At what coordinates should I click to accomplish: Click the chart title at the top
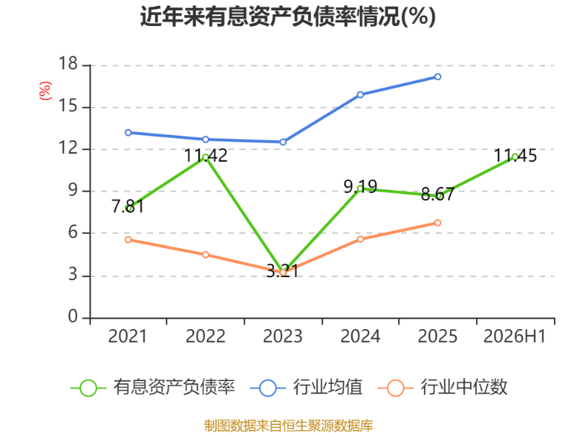[x=288, y=17]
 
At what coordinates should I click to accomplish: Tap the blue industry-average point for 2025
[x=438, y=76]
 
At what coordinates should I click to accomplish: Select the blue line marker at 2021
[x=128, y=133]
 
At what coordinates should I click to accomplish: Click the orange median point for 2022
[x=206, y=255]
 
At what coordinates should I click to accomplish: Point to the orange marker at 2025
[x=438, y=223]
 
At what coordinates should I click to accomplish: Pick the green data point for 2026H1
[x=515, y=157]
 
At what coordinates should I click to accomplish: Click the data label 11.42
[x=206, y=155]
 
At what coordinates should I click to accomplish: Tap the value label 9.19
[x=360, y=187]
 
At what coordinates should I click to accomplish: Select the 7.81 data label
[x=128, y=206]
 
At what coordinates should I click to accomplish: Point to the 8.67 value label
[x=438, y=194]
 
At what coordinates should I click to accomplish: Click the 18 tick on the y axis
[x=69, y=64]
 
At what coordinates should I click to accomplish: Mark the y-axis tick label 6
[x=73, y=232]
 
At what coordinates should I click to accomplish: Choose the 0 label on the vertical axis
[x=73, y=316]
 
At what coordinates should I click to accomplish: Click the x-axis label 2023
[x=283, y=336]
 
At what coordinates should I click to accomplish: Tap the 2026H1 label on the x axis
[x=514, y=336]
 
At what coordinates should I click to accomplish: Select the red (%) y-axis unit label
[x=45, y=91]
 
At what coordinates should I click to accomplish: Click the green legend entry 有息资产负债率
[x=153, y=388]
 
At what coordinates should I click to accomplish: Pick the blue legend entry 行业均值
[x=306, y=388]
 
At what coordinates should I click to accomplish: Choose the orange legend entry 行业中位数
[x=443, y=388]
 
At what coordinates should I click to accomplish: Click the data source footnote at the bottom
[x=288, y=426]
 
